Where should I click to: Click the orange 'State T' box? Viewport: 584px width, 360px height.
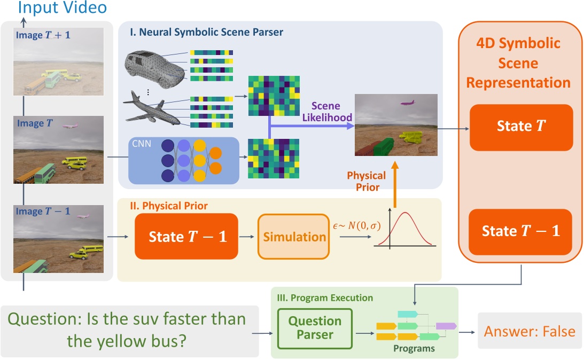pos(521,127)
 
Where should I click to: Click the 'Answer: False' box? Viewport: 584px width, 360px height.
pos(530,331)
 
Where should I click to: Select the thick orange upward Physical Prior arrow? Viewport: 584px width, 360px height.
pos(395,184)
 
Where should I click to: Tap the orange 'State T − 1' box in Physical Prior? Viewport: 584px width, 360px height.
pos(186,237)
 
